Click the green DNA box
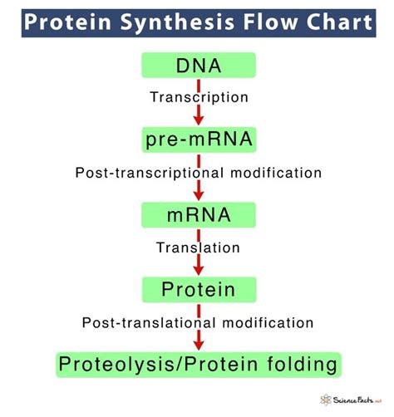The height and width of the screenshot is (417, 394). point(198,66)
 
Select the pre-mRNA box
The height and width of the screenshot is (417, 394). point(198,140)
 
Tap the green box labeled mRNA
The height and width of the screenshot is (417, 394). point(198,215)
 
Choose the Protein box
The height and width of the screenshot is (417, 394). point(198,290)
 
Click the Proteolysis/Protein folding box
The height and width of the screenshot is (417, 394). point(198,364)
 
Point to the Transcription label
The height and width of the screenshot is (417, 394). point(198,97)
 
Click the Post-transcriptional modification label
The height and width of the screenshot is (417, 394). point(198,173)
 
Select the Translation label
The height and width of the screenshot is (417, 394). point(198,248)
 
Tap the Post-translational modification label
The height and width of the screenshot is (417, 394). point(198,322)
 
